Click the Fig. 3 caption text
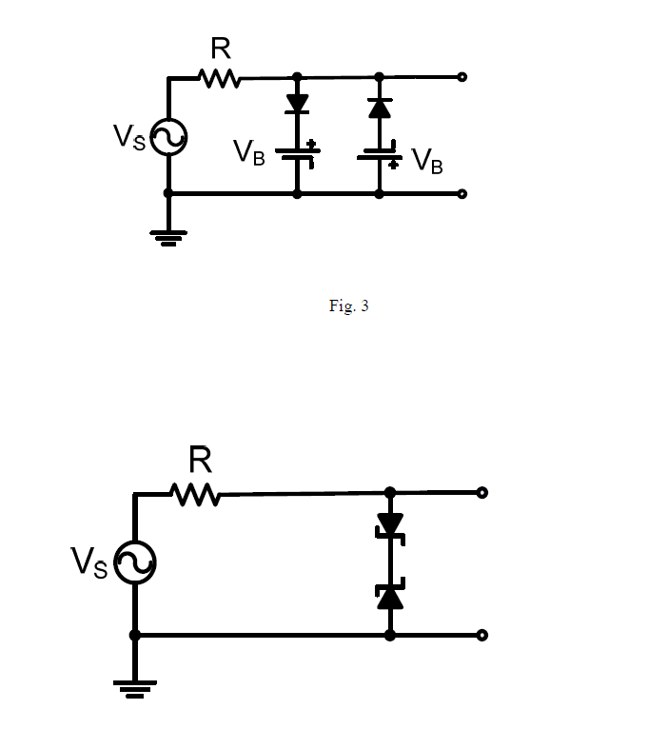[348, 305]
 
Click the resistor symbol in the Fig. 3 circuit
[220, 78]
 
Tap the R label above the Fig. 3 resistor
[220, 48]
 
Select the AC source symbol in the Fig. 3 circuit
[168, 137]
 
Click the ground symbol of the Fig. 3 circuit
[168, 236]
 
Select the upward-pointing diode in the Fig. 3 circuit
[380, 108]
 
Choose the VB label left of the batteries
[249, 152]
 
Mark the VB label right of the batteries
[426, 162]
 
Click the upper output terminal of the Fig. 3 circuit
[461, 76]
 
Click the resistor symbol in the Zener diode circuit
[196, 494]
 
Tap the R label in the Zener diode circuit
[200, 461]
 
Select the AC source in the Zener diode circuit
[135, 563]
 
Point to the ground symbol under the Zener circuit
[135, 687]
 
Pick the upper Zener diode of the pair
[390, 526]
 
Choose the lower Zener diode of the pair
[390, 596]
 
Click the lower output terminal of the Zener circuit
[482, 635]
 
